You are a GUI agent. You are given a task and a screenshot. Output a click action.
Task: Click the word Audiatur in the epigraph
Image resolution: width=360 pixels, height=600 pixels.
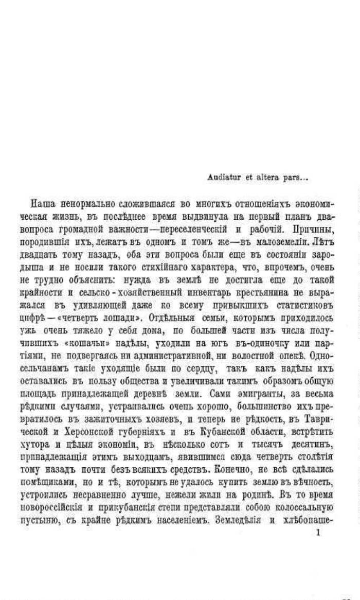coord(220,178)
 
